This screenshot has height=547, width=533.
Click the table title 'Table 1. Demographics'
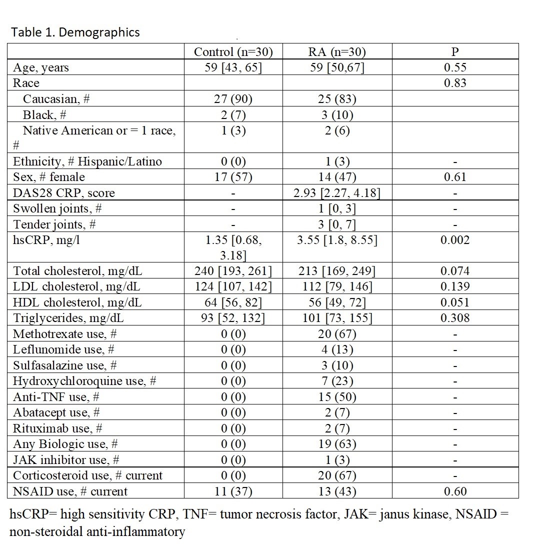coord(75,32)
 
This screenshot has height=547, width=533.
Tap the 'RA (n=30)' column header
coord(337,52)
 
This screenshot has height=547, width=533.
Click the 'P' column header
coord(455,52)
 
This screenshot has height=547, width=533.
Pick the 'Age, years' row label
coord(41,67)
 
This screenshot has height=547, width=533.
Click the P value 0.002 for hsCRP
coord(455,240)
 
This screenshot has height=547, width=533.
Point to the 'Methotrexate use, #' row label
coord(64,334)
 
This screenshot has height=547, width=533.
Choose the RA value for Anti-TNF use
coord(337,397)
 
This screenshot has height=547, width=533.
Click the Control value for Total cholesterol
coord(233,271)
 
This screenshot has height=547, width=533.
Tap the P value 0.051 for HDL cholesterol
coord(455,302)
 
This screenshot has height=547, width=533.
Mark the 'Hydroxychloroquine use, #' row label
coord(84,381)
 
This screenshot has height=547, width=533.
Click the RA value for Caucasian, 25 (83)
coord(337,99)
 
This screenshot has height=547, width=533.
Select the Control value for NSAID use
coord(233,491)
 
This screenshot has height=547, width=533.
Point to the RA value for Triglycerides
coord(337,318)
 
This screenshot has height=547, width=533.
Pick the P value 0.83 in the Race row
coord(455,83)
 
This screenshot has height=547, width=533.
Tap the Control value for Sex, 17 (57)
coord(233,177)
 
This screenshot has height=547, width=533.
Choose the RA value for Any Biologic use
coord(337,444)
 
